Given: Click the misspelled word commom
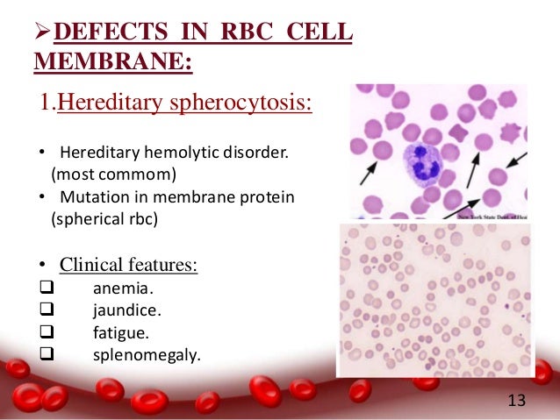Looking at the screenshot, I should (124, 173).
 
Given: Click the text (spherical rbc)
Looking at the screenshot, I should (104, 218).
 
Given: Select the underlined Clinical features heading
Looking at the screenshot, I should (128, 265).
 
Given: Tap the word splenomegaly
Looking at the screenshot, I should (147, 355).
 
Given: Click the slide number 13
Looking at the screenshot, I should (517, 401).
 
